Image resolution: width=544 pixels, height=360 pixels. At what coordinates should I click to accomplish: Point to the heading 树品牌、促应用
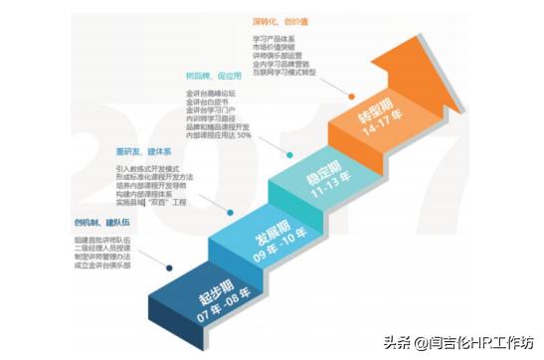213,76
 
